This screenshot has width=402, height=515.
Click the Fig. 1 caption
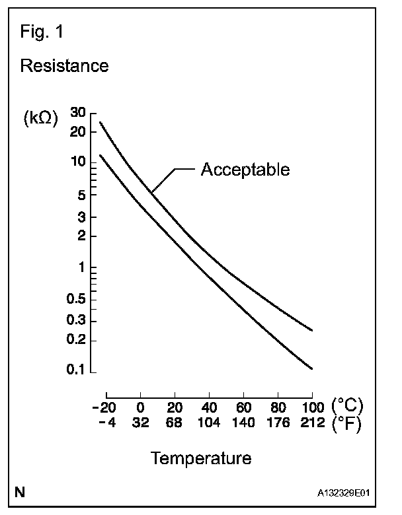click(x=44, y=31)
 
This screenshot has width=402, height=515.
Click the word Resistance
click(x=64, y=66)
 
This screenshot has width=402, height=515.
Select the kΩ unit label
click(x=40, y=119)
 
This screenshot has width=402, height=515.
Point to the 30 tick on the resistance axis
click(x=77, y=112)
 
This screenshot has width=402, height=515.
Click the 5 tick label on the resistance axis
click(x=82, y=195)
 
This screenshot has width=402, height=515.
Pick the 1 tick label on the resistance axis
click(x=83, y=268)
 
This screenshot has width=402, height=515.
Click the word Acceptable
click(x=245, y=170)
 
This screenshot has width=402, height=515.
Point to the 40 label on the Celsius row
click(x=209, y=405)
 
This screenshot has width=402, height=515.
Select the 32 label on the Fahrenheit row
click(x=140, y=423)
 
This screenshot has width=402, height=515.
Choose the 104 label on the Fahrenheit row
click(x=208, y=423)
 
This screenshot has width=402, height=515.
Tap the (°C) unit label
click(x=347, y=405)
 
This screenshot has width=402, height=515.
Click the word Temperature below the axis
click(x=200, y=458)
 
